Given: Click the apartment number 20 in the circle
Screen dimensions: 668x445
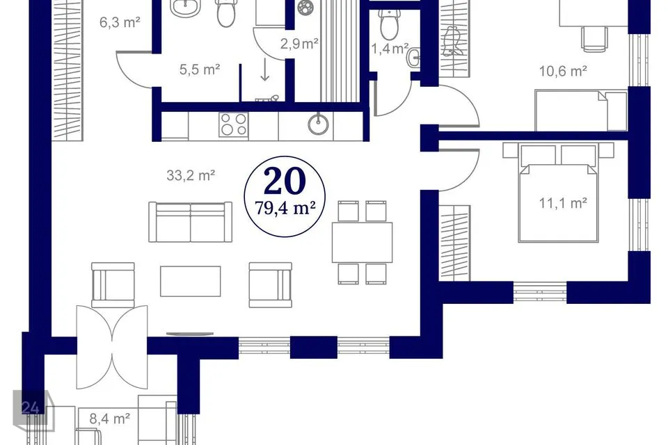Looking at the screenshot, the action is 285,181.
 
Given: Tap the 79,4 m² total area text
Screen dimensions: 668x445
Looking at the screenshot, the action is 285,208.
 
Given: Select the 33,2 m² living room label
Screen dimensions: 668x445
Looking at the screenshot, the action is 191,175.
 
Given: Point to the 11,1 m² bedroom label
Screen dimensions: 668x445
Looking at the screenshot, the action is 563,203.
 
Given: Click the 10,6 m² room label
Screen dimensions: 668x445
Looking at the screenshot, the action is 563,71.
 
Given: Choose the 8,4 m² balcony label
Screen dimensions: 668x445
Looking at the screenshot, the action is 109,419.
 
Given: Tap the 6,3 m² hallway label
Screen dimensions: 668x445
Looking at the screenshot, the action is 120,22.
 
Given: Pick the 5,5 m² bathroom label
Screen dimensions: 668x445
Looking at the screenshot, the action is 200,69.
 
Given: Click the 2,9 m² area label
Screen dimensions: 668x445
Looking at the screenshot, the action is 299,43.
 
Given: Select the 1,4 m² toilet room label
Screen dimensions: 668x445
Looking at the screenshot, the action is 390,49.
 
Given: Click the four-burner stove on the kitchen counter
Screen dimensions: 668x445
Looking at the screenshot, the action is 234,124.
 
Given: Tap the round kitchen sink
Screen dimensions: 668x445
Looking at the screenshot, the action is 318,124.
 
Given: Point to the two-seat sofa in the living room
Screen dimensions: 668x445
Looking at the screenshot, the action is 191,222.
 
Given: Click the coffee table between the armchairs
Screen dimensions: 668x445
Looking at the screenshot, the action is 191,281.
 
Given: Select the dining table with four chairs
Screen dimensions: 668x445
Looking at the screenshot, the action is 362,242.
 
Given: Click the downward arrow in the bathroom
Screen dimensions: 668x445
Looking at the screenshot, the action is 265,70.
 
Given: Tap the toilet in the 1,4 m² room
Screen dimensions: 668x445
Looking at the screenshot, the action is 389,24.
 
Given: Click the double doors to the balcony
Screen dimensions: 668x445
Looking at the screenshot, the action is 112,347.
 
